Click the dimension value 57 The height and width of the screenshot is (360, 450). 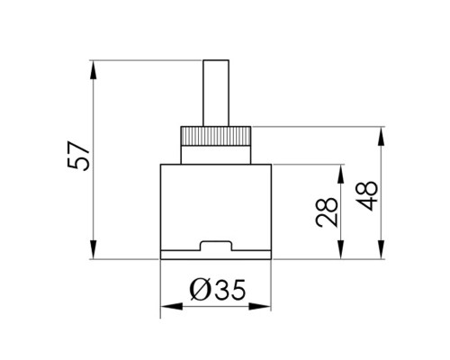click(78, 156)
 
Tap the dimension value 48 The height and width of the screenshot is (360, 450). click(366, 195)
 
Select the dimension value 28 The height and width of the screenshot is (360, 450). click(327, 212)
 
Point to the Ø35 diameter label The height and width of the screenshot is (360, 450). click(218, 290)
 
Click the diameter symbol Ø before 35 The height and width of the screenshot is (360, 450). click(201, 290)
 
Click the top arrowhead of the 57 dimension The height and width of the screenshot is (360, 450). click(94, 70)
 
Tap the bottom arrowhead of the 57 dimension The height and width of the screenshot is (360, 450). click(94, 249)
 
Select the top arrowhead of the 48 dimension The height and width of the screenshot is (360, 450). click(381, 137)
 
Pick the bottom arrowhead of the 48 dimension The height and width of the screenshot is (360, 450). click(381, 249)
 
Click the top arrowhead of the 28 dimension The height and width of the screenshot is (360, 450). click(340, 174)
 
